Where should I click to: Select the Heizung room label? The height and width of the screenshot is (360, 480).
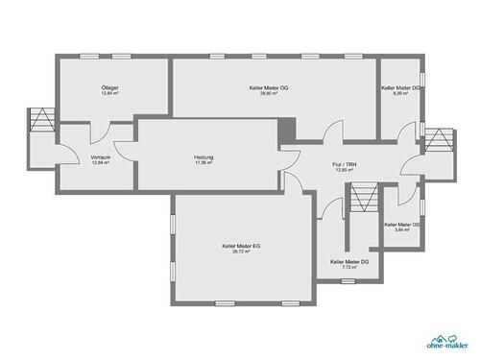point(203,156)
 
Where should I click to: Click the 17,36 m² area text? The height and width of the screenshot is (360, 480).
point(203,163)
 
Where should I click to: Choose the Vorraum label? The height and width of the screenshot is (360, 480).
point(101,156)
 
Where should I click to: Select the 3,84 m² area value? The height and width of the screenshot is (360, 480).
point(402,230)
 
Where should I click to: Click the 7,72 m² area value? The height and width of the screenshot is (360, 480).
point(349,268)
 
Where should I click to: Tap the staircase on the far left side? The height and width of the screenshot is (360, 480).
point(42,121)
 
